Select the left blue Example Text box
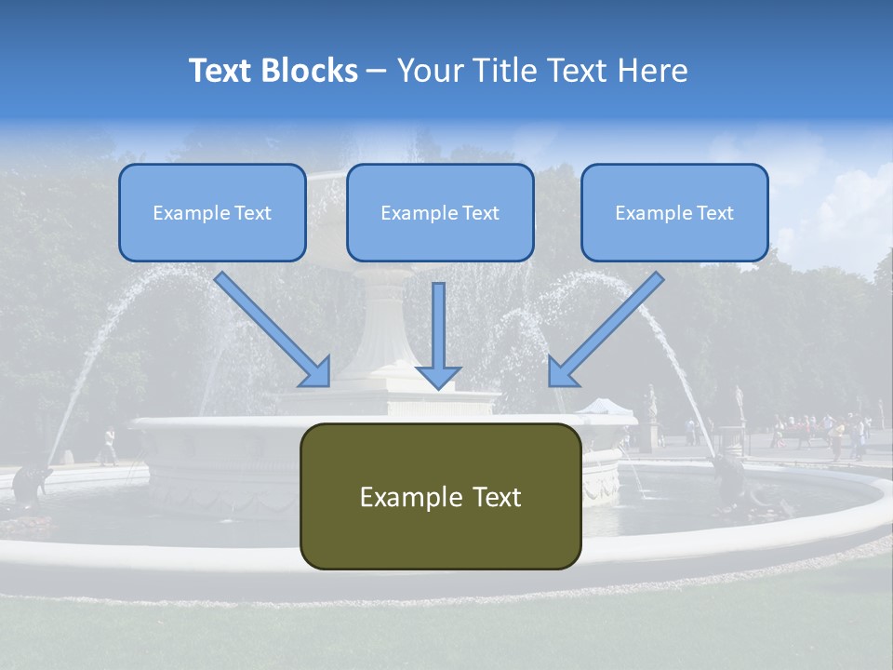coord(212,212)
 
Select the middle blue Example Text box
coord(440,212)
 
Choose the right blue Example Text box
coord(674,212)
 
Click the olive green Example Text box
coord(440,496)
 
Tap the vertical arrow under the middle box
coord(438,326)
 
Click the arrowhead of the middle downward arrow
coord(438,377)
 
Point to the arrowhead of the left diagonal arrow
coord(316,372)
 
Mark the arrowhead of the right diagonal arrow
coord(562,372)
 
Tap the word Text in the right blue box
coord(714,213)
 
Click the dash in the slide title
coord(377,71)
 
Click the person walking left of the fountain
coord(109,447)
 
